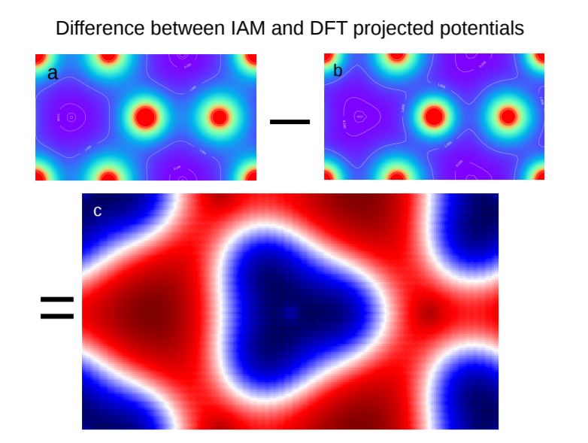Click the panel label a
tap(52, 74)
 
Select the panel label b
tap(338, 71)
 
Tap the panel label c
tap(97, 211)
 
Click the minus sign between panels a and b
tap(289, 120)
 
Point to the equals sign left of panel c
tap(56, 307)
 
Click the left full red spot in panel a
tap(145, 117)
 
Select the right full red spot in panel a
tap(219, 117)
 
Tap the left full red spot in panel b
tap(433, 117)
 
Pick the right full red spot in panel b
tap(508, 117)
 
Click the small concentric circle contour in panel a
tap(71, 117)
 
